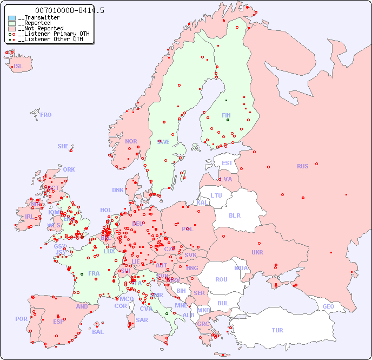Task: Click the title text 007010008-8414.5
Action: click(x=70, y=10)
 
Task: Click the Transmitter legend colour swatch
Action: click(x=12, y=18)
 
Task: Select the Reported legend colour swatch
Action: click(x=12, y=23)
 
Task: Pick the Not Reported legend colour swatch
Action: click(x=12, y=29)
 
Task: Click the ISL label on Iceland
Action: click(x=18, y=67)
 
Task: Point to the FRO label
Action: click(x=46, y=115)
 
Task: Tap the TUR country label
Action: click(x=277, y=330)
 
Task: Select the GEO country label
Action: click(x=328, y=306)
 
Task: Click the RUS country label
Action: click(x=302, y=166)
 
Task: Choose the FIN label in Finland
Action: click(x=226, y=115)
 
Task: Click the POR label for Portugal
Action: click(x=21, y=319)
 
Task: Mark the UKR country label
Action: click(x=257, y=252)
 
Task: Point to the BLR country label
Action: click(x=234, y=215)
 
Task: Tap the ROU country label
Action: click(x=221, y=279)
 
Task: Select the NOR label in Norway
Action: click(x=131, y=141)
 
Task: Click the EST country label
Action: click(x=227, y=163)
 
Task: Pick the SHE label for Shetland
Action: click(x=63, y=146)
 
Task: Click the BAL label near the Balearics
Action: click(x=98, y=332)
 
